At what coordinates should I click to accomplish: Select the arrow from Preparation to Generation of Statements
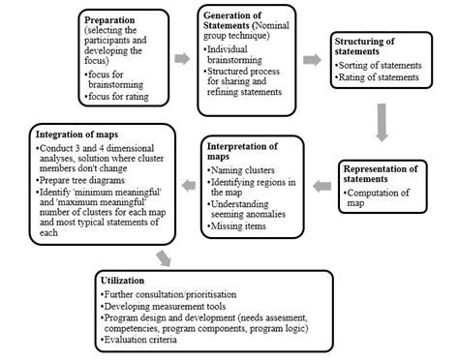[x=182, y=59]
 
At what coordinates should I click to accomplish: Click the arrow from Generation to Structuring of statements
[x=312, y=59]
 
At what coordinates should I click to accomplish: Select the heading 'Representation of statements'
[x=390, y=174]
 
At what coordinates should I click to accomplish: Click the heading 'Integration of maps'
[x=79, y=135]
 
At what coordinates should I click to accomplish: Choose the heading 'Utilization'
[x=124, y=279]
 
